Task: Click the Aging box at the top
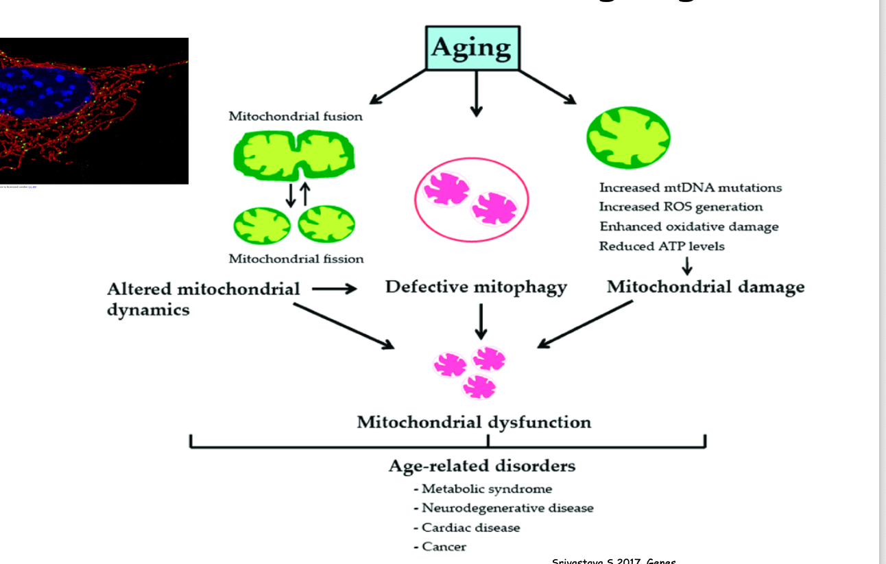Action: click(x=472, y=48)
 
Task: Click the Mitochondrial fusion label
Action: click(x=296, y=116)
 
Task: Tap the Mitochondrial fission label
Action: click(x=296, y=259)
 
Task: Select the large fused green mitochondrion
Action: click(x=295, y=155)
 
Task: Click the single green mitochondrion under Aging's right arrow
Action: click(x=628, y=137)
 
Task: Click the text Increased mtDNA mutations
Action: click(x=690, y=187)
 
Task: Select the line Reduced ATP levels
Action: click(x=661, y=246)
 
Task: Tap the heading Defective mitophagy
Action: click(x=476, y=287)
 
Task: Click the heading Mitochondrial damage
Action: click(x=705, y=287)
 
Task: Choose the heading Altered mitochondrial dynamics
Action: click(x=203, y=298)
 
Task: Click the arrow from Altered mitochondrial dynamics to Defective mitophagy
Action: click(x=334, y=289)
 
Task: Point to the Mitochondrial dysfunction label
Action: click(x=473, y=421)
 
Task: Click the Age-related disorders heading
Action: click(x=481, y=466)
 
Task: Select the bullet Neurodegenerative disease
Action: click(x=503, y=508)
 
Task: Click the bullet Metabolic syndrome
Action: click(x=483, y=489)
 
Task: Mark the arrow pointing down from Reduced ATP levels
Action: click(x=687, y=266)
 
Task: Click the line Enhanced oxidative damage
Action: click(x=689, y=226)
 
